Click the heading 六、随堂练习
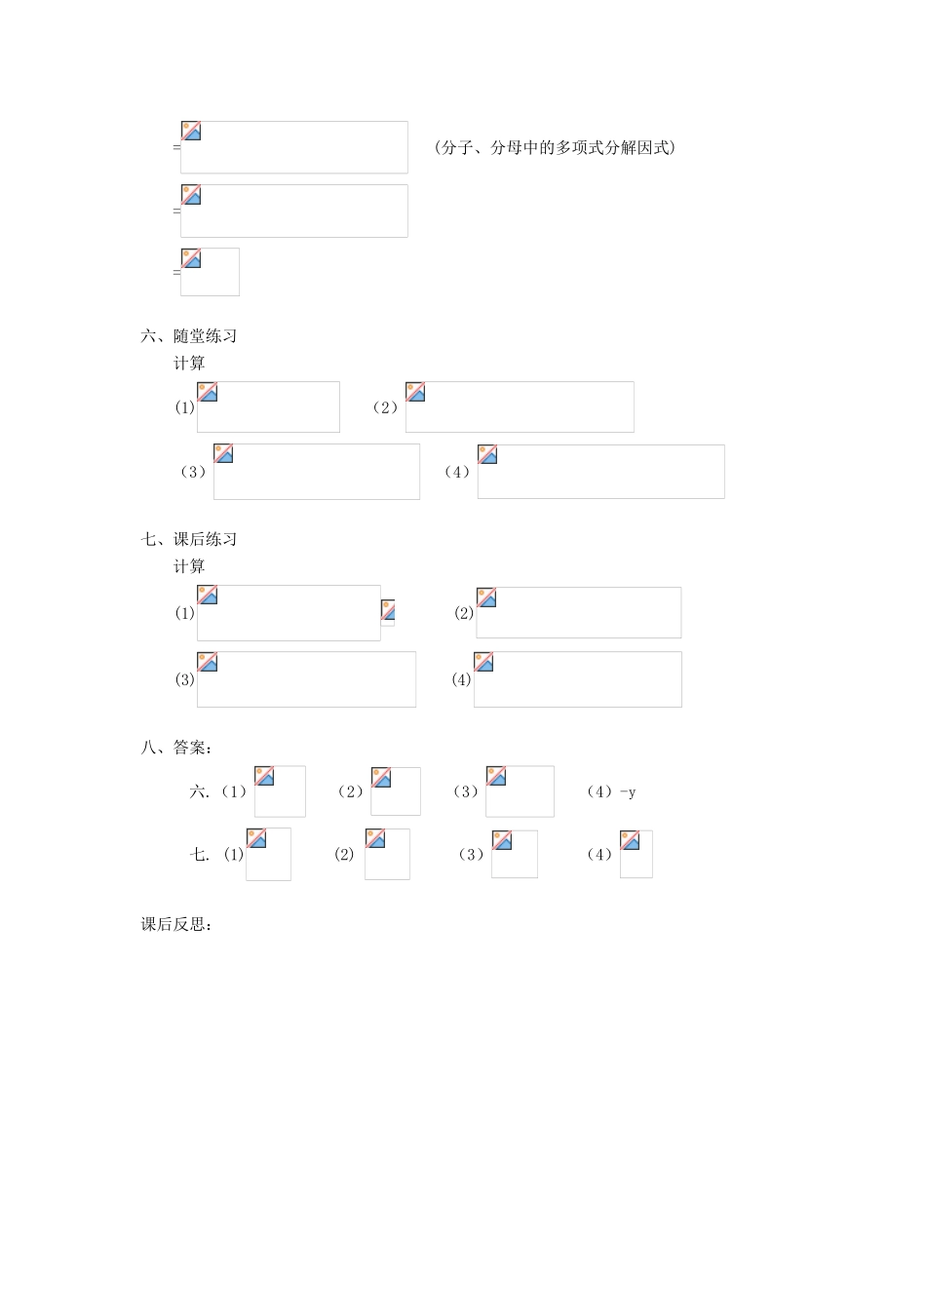pyautogui.click(x=189, y=336)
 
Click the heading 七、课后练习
pyautogui.click(x=189, y=539)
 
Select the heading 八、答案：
pyautogui.click(x=176, y=748)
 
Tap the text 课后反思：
pyautogui.click(x=176, y=924)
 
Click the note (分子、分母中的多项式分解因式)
pyautogui.click(x=555, y=148)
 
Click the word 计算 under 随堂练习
pyautogui.click(x=189, y=364)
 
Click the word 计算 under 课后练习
pyautogui.click(x=189, y=566)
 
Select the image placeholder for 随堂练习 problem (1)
pyautogui.click(x=268, y=406)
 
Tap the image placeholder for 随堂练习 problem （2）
pyautogui.click(x=520, y=406)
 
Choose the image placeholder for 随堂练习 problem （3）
pyautogui.click(x=317, y=472)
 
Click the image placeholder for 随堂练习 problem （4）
pyautogui.click(x=600, y=472)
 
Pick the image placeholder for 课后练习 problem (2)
pyautogui.click(x=578, y=612)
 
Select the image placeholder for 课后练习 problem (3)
pyautogui.click(x=306, y=679)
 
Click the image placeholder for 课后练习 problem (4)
pyautogui.click(x=577, y=679)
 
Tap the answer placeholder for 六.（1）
pyautogui.click(x=280, y=791)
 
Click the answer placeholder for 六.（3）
pyautogui.click(x=520, y=791)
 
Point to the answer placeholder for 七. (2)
pyautogui.click(x=387, y=854)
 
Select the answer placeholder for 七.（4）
pyautogui.click(x=636, y=854)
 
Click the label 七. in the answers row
pyautogui.click(x=199, y=855)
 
